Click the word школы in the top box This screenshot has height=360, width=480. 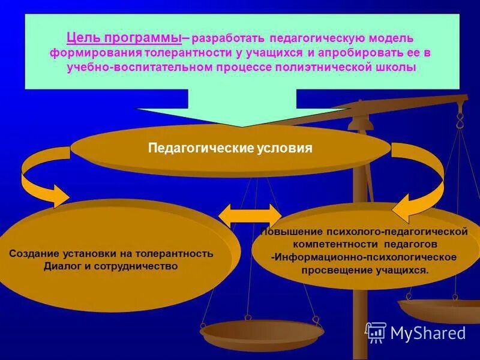pyautogui.click(x=394, y=67)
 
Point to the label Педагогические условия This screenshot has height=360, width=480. pyautogui.click(x=230, y=148)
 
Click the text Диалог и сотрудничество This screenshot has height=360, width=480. pyautogui.click(x=111, y=266)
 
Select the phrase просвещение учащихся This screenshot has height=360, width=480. pyautogui.click(x=365, y=271)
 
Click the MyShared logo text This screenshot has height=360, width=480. pyautogui.click(x=428, y=333)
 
